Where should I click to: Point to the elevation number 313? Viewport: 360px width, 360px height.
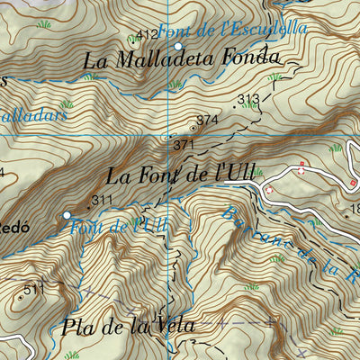pos(247,99)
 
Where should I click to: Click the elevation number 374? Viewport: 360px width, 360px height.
pos(207,119)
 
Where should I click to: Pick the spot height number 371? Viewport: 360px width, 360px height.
pos(183,143)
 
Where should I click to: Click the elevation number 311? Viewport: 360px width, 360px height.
pos(102,200)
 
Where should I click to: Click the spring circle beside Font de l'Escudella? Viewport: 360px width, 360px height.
pos(178,45)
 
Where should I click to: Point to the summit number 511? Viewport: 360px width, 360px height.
pos(34,289)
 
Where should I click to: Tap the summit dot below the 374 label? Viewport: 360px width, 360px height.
pos(193,128)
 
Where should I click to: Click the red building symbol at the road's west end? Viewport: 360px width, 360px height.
pos(268,190)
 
